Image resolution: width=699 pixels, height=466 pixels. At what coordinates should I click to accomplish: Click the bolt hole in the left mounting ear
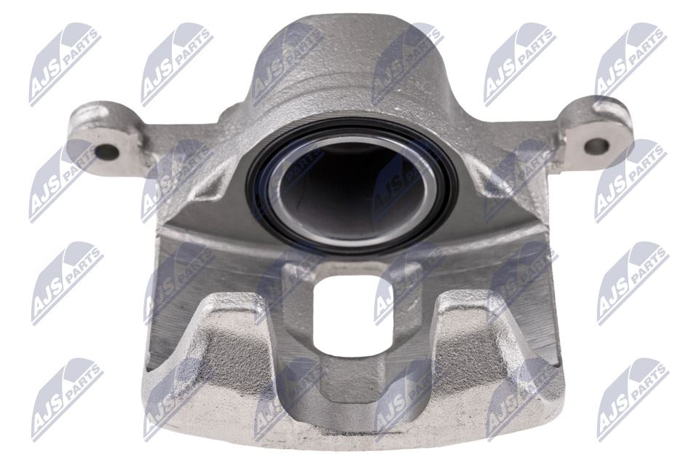point(107,152)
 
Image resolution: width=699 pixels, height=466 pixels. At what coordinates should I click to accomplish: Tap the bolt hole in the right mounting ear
point(596,146)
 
